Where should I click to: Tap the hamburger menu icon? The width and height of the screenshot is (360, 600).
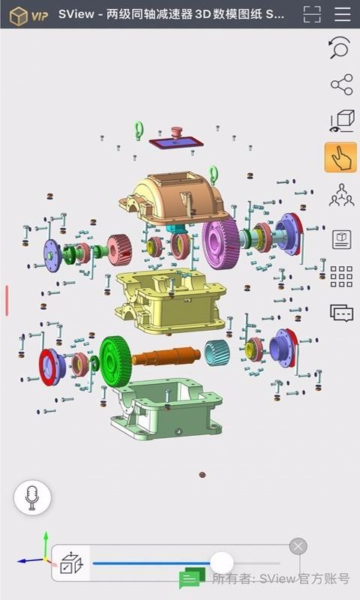tap(343, 14)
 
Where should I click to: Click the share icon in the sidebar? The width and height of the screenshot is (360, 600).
tap(342, 85)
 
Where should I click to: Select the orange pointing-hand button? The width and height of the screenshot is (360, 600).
tap(340, 157)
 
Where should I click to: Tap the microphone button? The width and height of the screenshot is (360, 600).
tap(32, 497)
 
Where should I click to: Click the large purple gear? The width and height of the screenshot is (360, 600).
tap(220, 243)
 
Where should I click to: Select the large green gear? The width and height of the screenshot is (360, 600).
tap(115, 361)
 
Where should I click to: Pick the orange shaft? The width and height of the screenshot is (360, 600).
tap(166, 355)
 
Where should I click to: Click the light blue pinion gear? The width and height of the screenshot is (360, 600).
tap(217, 352)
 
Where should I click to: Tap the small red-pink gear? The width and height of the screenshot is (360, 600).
tap(119, 250)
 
